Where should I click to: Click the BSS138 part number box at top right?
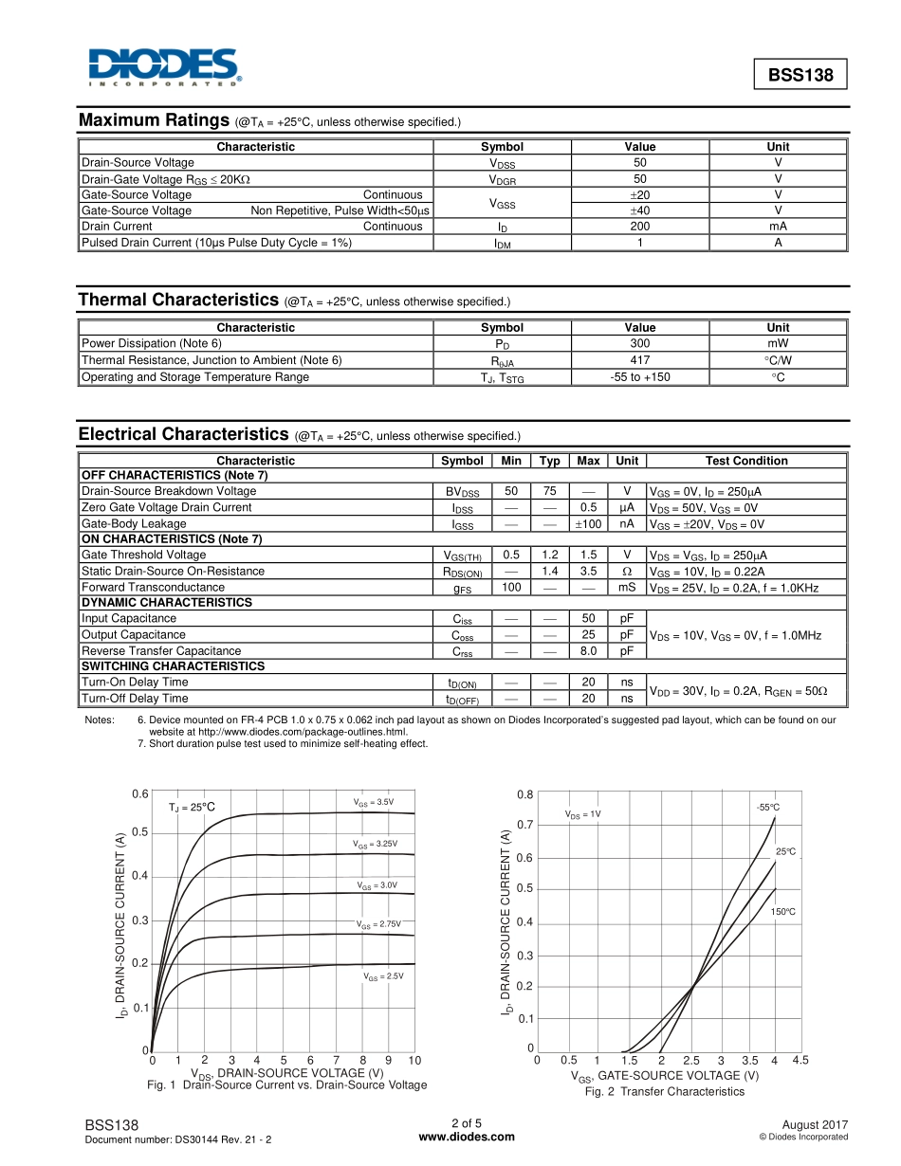coord(800,74)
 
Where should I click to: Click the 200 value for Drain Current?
coord(640,227)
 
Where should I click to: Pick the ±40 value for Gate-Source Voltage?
coord(640,210)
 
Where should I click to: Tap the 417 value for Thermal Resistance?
coord(640,360)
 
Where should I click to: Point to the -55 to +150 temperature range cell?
coord(640,377)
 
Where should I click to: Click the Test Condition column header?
coord(746,461)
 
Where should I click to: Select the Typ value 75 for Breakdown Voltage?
coord(549,491)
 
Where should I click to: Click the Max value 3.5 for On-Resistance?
coord(588,572)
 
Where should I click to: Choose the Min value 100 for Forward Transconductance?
coord(511,588)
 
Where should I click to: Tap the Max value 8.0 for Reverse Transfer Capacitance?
coord(588,651)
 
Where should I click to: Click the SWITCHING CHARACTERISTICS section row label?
coord(173,666)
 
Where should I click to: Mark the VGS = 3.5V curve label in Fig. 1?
coord(374,803)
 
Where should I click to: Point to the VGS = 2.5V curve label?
coord(383,975)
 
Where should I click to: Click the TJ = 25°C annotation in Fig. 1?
coord(193,808)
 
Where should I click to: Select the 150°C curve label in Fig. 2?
coord(782,912)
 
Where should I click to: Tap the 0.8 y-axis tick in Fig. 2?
coord(525,794)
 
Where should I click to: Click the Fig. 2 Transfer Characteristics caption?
coord(664,1092)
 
